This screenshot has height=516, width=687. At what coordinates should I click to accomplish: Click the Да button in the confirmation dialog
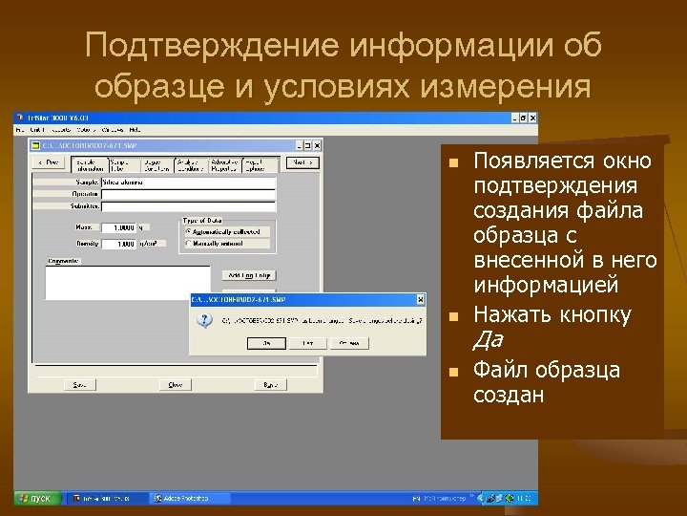(x=269, y=342)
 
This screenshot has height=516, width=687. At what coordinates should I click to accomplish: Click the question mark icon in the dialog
(x=203, y=321)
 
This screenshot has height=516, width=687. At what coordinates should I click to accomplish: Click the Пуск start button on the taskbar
(x=37, y=498)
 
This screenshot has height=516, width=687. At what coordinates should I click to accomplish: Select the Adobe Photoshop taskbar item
(x=185, y=498)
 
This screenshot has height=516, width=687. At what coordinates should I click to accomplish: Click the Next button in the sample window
(x=302, y=162)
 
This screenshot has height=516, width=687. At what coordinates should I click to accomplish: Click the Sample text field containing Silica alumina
(x=188, y=182)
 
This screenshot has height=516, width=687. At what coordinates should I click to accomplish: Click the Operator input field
(x=188, y=194)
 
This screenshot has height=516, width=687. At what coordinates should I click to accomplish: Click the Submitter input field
(x=188, y=205)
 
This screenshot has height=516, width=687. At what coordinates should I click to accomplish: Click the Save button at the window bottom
(x=79, y=384)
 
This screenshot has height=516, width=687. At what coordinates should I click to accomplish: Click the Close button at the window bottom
(x=176, y=384)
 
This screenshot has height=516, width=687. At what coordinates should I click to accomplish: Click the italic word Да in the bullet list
(x=488, y=340)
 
